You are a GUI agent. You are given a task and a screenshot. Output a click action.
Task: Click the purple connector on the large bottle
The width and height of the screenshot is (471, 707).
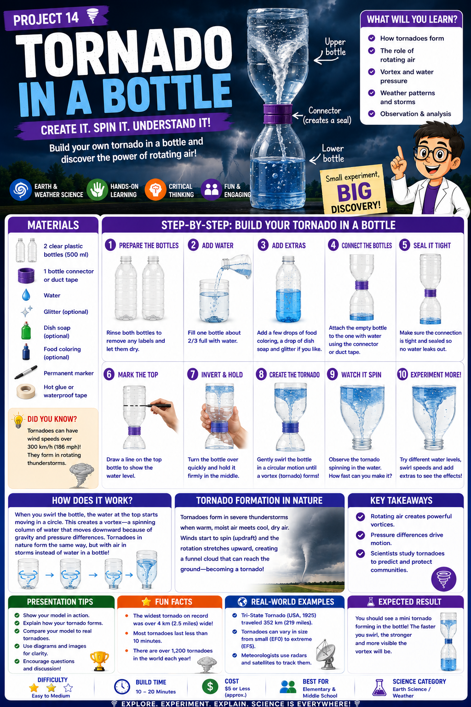pyautogui.click(x=278, y=114)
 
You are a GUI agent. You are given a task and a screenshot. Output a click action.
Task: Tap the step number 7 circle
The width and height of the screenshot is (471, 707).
pyautogui.click(x=192, y=374)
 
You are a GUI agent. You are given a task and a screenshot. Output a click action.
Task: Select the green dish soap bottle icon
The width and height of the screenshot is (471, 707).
pyautogui.click(x=26, y=331)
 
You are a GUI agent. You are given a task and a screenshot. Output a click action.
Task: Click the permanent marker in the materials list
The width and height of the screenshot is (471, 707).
pyautogui.click(x=26, y=372)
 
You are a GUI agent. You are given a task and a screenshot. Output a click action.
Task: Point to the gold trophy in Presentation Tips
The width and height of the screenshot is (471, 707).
pyautogui.click(x=99, y=661)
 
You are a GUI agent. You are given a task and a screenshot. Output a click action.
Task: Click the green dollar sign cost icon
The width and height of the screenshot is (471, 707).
pyautogui.click(x=210, y=686)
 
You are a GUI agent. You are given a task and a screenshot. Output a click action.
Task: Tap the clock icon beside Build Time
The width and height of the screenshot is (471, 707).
pyautogui.click(x=122, y=686)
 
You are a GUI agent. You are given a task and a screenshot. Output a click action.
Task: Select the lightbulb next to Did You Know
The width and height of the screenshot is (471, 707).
pyautogui.click(x=18, y=420)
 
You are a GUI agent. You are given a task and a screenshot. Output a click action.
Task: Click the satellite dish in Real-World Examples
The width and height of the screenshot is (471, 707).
pyautogui.click(x=326, y=655)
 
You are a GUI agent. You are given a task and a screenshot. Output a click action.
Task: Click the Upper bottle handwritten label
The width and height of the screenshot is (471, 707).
pyautogui.click(x=335, y=47)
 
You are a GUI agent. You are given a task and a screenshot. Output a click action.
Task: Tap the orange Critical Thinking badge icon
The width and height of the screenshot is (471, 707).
pyautogui.click(x=155, y=190)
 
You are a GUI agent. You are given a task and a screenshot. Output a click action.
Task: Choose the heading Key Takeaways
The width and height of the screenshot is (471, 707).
pyautogui.click(x=401, y=500)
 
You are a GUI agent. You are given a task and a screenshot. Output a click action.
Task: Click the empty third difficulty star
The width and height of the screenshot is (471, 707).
pyautogui.click(x=68, y=688)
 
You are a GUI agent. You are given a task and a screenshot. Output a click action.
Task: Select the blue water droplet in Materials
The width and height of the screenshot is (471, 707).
pyautogui.click(x=26, y=295)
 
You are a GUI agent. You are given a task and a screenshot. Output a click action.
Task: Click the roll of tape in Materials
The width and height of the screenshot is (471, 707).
pyautogui.click(x=26, y=391)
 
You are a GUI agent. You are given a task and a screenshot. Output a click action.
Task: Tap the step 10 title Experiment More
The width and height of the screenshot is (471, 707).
pyautogui.click(x=436, y=375)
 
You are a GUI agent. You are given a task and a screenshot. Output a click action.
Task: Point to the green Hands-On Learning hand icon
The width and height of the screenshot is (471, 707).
pyautogui.click(x=97, y=190)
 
